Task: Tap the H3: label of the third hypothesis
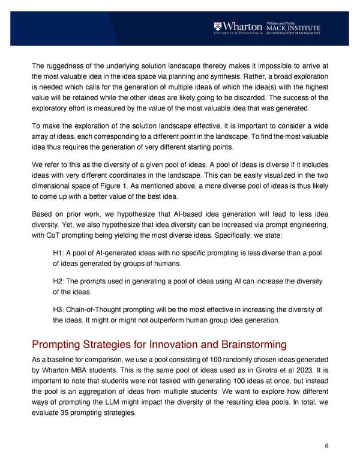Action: pyautogui.click(x=59, y=309)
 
